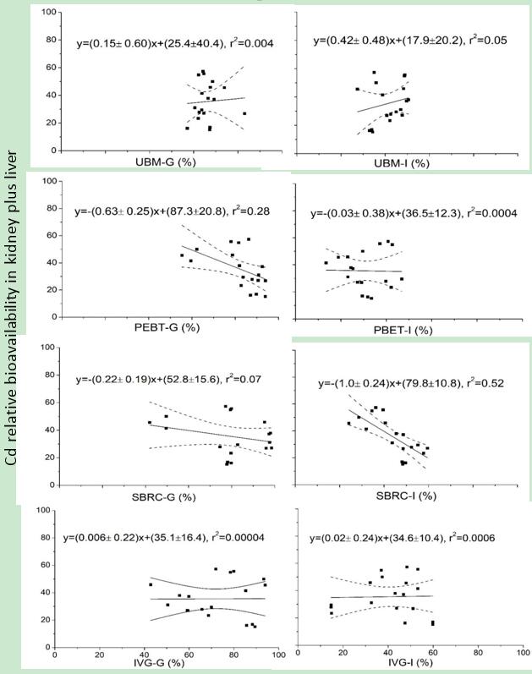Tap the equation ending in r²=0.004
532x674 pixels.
(x=174, y=42)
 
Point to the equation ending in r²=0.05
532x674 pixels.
(x=409, y=40)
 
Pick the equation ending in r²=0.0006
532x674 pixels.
(x=409, y=537)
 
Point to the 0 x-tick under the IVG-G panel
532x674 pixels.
(x=55, y=652)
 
